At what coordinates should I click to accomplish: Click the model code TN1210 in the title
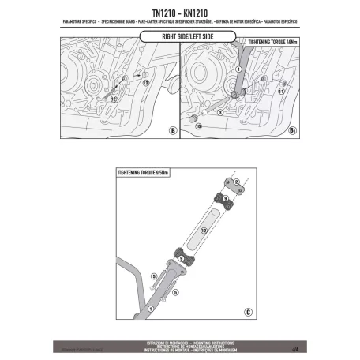tap(155, 13)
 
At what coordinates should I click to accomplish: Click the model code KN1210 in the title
tap(202, 13)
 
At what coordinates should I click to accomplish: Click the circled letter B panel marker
tap(173, 130)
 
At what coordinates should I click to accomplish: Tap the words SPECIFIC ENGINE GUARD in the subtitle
tap(127, 22)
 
